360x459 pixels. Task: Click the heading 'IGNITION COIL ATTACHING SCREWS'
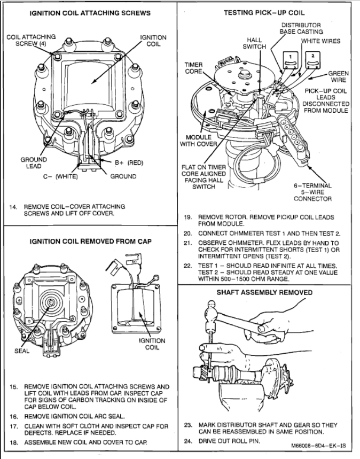pyautogui.click(x=90, y=12)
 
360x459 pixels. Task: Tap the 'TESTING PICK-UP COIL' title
pyautogui.click(x=269, y=12)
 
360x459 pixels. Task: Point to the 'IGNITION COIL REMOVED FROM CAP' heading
pyautogui.click(x=90, y=241)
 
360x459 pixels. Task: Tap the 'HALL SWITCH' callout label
pyautogui.click(x=254, y=43)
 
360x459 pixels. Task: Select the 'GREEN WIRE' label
pyautogui.click(x=338, y=76)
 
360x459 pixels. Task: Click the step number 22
pyautogui.click(x=187, y=266)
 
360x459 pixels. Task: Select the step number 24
pyautogui.click(x=187, y=441)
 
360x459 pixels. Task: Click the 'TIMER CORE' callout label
pyautogui.click(x=193, y=68)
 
